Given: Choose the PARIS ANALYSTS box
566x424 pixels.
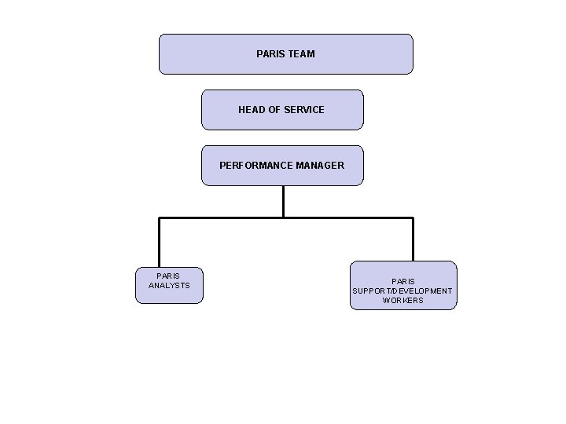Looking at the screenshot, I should coord(169,294).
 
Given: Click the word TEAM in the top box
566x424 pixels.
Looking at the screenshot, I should coord(301,54).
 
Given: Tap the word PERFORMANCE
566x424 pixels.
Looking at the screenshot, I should coord(255,166).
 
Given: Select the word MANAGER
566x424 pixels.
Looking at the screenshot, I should coord(319,166).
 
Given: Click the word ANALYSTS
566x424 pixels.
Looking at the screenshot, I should coord(169,286).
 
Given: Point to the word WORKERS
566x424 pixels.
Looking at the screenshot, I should coord(402,301).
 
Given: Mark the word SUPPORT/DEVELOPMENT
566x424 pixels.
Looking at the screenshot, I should coord(402,291).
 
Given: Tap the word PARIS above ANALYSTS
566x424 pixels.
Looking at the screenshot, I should coord(169,276).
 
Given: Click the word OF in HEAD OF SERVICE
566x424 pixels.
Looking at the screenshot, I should coord(275,110).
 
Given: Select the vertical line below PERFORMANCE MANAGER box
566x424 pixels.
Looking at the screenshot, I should coord(283,201).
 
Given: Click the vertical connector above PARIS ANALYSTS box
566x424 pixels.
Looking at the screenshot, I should coord(160,243).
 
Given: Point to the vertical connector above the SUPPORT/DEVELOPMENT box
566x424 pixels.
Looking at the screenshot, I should coord(413,239).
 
